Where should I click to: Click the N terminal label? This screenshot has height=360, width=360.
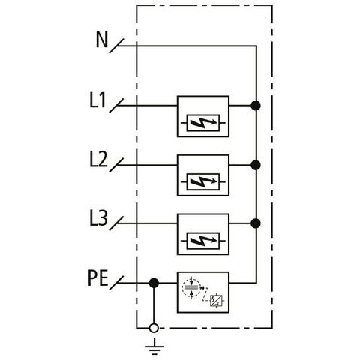(x=102, y=40)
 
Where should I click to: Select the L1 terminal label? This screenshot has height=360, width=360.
(x=97, y=100)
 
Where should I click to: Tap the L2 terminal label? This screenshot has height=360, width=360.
(x=98, y=159)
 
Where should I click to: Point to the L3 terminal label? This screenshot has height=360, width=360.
(x=98, y=218)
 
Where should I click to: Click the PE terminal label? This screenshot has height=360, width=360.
(x=98, y=278)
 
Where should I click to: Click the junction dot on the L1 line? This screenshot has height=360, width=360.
(x=256, y=106)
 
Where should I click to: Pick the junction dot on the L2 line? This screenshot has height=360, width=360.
(x=256, y=165)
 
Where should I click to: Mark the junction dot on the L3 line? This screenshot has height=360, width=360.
(x=256, y=223)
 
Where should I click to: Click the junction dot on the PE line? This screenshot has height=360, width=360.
(x=154, y=283)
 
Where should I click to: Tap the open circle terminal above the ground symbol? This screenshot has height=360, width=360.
(x=154, y=328)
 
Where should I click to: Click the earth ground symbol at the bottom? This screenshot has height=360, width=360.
(x=154, y=346)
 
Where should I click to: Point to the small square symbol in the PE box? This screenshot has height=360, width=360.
(x=216, y=301)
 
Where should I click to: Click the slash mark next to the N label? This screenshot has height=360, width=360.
(x=116, y=46)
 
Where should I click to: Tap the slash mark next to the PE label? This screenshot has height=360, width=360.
(x=116, y=283)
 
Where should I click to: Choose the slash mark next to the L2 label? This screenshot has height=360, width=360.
(x=116, y=165)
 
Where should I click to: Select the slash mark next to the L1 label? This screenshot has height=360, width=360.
(x=116, y=106)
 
